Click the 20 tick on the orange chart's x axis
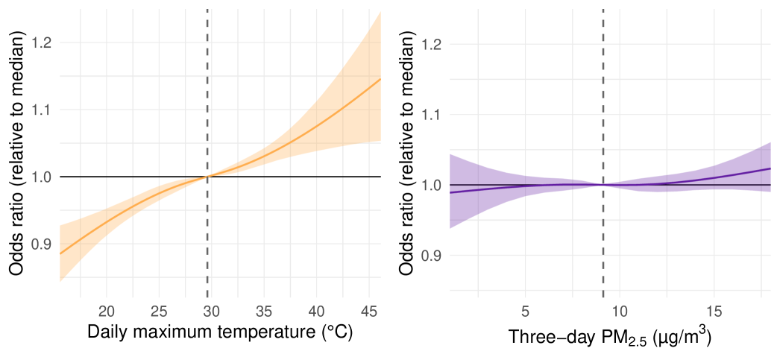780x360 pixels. click(x=107, y=310)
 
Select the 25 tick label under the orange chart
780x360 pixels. click(x=159, y=310)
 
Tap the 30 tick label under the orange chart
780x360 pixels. click(x=212, y=310)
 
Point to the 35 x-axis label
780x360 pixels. click(x=264, y=310)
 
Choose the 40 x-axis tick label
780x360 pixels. click(x=317, y=310)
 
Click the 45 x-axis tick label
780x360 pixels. click(x=369, y=310)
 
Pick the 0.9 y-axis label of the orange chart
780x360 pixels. click(x=43, y=244)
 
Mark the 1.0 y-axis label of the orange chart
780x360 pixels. click(x=43, y=177)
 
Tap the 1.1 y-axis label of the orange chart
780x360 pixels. click(x=43, y=110)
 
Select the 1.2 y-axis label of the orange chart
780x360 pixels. click(x=43, y=42)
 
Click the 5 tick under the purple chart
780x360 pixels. click(x=526, y=310)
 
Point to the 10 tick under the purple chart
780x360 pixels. click(x=620, y=310)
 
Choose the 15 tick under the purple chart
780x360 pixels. click(x=714, y=310)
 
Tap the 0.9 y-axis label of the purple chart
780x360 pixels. click(x=430, y=255)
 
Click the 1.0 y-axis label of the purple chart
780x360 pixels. click(x=430, y=185)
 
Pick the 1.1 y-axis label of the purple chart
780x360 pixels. click(x=430, y=115)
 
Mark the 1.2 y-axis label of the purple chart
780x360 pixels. click(x=430, y=45)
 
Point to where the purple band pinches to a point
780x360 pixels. click(x=603, y=184)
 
